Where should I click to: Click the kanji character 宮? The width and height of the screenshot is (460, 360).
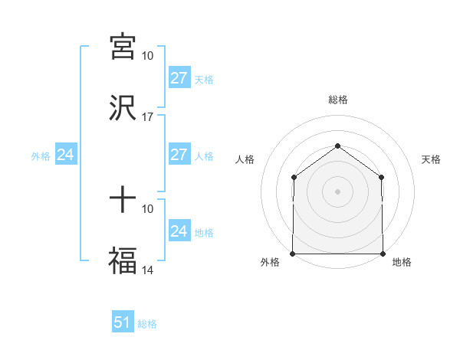coord(122,47)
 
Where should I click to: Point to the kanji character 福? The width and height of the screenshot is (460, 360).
coord(122,260)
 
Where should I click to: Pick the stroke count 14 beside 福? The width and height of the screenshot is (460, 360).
coord(148,270)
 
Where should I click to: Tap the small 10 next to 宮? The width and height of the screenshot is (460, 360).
coord(148,56)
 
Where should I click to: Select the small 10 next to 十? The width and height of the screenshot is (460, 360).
coord(148,208)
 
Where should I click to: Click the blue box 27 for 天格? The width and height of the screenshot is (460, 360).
coord(179,78)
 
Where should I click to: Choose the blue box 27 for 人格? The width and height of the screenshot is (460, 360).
coord(179,155)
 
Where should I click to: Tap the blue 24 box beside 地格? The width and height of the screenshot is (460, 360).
coord(179,231)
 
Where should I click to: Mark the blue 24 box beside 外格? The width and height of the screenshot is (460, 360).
coord(65,155)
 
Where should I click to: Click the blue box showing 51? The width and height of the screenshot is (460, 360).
coord(122,322)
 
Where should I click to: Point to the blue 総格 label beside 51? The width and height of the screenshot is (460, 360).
coord(147,324)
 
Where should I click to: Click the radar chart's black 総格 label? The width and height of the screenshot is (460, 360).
coord(337,100)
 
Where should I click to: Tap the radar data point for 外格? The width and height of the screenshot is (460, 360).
coord(293,253)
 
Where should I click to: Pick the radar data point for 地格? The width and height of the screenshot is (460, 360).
coord(383,253)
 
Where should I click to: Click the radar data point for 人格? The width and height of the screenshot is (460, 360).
coord(294,178)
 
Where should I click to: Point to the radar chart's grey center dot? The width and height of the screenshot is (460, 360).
coord(337,191)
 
